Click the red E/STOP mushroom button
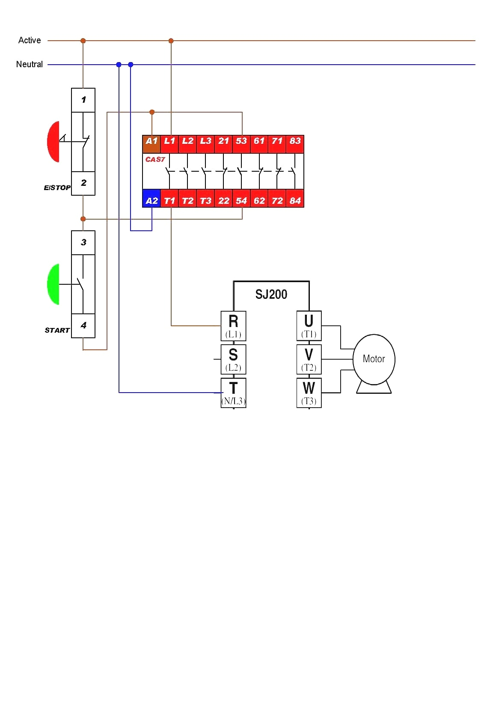pos(53,142)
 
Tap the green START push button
pos(53,284)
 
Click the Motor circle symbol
pos(374,359)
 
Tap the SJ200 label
pos(271,295)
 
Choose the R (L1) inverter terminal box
pos(233,326)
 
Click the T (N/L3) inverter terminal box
pos(233,393)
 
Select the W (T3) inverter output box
pos(309,393)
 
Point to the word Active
pos(30,40)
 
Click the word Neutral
pos(30,64)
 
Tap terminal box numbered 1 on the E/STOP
pos(83,100)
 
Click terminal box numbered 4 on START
pos(83,326)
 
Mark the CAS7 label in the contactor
pos(155,159)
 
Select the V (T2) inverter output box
pos(309,359)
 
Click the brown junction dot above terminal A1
pos(151,112)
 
